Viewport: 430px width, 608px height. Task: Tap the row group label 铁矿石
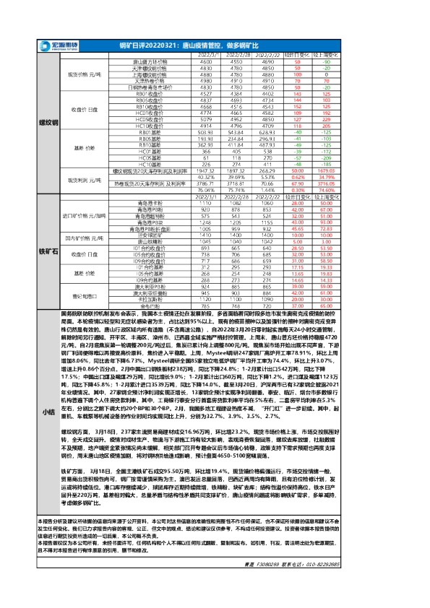[48, 252]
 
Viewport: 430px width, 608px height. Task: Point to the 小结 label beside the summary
[48, 411]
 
